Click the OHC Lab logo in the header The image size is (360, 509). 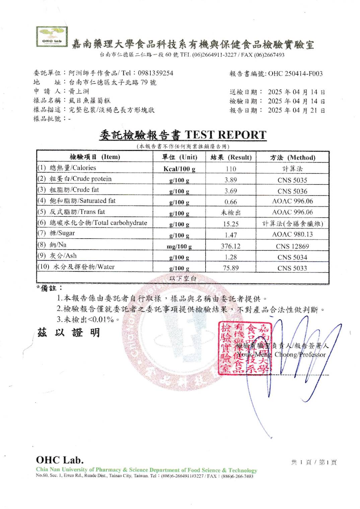(x=52, y=37)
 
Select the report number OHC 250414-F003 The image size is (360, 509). (x=295, y=74)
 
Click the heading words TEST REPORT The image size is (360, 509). (x=225, y=135)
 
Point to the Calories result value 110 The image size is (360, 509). (x=231, y=169)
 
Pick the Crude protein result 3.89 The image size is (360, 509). (x=231, y=180)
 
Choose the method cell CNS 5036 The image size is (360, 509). (x=292, y=191)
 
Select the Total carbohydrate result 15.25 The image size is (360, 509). (x=231, y=224)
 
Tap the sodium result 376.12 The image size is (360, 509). (x=231, y=246)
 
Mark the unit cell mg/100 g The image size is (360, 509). (x=179, y=247)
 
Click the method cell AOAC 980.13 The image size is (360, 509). (x=292, y=235)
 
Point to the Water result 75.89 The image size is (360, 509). (x=231, y=268)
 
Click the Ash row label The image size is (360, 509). (x=63, y=256)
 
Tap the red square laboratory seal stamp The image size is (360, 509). (x=244, y=348)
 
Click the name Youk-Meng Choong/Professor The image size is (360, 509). (x=281, y=354)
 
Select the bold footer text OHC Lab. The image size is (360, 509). (x=60, y=460)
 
